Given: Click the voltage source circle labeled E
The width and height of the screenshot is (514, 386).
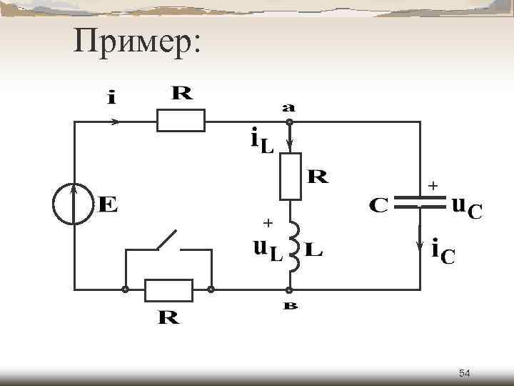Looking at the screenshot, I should click(x=74, y=204).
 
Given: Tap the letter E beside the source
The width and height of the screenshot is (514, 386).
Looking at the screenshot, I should click(x=108, y=205).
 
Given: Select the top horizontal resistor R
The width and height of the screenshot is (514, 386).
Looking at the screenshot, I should click(x=181, y=121).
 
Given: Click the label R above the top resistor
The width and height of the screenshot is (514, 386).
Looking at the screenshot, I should click(x=182, y=94).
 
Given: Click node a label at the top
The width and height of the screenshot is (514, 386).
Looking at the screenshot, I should click(x=288, y=108).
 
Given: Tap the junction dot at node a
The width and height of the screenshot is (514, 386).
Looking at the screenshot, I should click(x=289, y=122).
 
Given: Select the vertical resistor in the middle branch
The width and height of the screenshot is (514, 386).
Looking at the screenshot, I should click(x=290, y=177).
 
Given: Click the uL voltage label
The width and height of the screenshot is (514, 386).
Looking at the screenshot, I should click(x=268, y=250).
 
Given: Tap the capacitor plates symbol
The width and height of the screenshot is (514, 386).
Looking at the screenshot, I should click(x=419, y=200).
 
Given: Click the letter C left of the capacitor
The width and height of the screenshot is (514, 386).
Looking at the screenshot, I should click(x=378, y=205).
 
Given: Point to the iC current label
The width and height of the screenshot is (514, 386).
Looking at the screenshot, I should click(x=443, y=252).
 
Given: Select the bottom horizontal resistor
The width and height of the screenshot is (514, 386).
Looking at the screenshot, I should click(x=168, y=290).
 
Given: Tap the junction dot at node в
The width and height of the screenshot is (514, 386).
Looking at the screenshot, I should click(x=289, y=290).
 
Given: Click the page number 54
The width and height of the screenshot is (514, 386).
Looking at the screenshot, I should click(x=465, y=373).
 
